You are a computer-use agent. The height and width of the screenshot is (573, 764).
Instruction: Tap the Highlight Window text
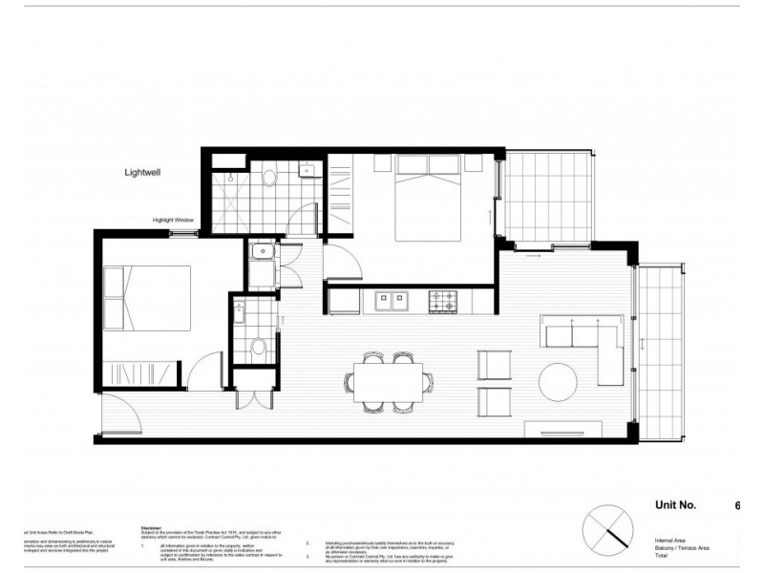click(174, 221)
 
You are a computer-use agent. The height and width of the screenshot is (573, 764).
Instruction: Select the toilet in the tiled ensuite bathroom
click(268, 177)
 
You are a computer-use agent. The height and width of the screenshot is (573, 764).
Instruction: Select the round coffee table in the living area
click(560, 381)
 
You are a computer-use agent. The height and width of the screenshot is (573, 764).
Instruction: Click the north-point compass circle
click(609, 527)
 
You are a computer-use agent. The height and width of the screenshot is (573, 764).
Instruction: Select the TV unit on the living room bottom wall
click(563, 428)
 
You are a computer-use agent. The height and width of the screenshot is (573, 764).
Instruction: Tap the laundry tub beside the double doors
click(259, 252)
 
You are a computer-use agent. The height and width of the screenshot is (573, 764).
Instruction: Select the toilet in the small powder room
click(256, 346)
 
